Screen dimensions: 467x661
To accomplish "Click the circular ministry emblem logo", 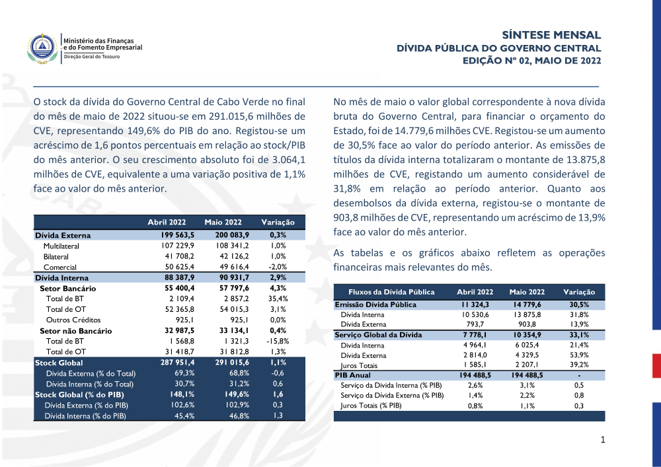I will point(42,48).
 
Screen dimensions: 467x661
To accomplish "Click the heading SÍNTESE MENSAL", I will point(551,35).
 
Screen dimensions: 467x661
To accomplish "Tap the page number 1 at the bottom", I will point(603,440).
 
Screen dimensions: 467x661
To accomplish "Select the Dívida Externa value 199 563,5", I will point(169,235).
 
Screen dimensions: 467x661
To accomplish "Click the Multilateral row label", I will point(61,246).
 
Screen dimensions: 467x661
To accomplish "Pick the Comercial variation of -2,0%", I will point(278,267).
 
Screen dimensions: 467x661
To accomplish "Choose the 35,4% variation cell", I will point(278,299).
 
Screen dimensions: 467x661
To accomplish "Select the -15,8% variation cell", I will point(278,341).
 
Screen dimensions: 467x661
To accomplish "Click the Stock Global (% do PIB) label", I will point(72,394).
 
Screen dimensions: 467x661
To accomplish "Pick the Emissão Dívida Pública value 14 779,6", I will point(526,305).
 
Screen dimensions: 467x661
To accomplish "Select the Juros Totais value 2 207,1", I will point(527,365).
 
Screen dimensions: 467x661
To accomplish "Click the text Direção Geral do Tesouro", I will point(91,57).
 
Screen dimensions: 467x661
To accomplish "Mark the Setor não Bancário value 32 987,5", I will point(169,330).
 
